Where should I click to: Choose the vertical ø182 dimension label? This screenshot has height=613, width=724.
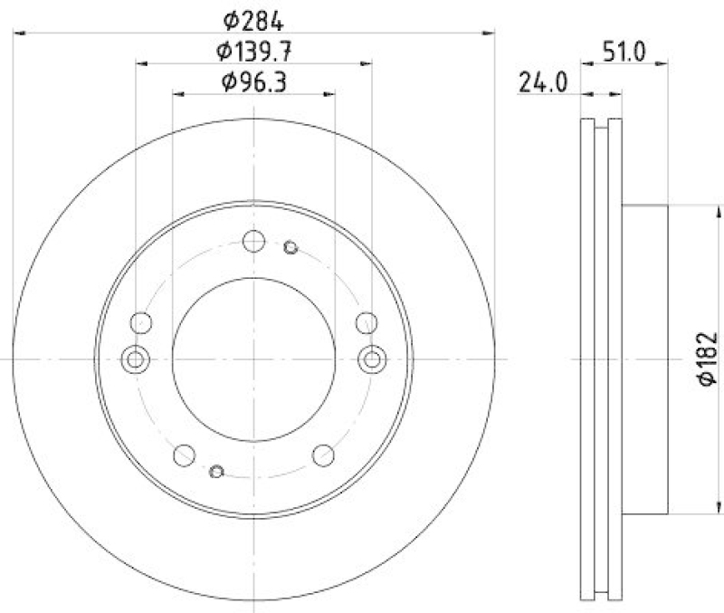tap(707, 359)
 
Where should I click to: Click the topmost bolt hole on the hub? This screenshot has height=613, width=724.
tap(253, 242)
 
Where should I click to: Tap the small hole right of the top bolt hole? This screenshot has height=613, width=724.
tap(291, 247)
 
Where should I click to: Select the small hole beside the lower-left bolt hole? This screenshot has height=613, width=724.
tap(216, 470)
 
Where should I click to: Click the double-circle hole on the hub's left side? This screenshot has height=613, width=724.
tap(136, 359)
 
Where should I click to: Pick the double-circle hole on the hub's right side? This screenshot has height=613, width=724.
tap(371, 359)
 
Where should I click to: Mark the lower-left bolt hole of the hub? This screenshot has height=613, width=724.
tap(184, 455)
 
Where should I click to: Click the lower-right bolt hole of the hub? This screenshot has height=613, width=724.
tap(323, 455)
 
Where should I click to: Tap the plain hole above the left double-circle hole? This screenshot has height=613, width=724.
tap(141, 322)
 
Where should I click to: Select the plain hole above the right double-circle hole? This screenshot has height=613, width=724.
tap(366, 322)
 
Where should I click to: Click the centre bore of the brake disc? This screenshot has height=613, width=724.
tap(253, 359)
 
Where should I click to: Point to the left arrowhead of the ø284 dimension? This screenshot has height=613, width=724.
tap(18, 34)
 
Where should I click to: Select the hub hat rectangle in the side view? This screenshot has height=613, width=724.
tap(645, 359)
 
